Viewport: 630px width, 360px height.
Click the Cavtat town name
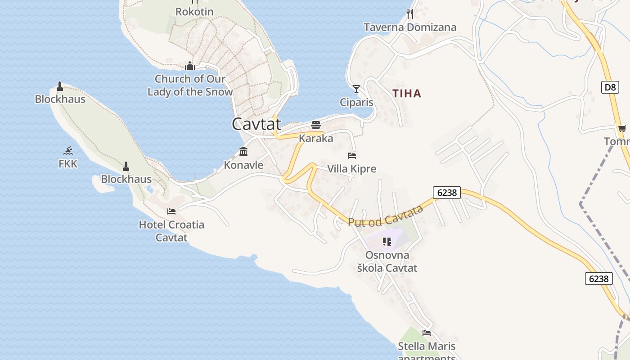(256, 124)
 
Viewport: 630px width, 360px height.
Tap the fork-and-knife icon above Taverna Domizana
(409, 14)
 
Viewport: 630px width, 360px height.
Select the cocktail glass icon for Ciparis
(356, 89)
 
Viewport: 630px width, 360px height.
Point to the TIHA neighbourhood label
(407, 94)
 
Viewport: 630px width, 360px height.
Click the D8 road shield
(610, 87)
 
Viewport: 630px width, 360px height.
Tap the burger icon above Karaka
(316, 125)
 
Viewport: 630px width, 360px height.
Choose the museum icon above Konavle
(243, 151)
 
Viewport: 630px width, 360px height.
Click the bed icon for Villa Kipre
(352, 156)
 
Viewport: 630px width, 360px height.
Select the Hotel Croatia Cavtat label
(171, 231)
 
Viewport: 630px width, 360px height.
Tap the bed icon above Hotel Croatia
(171, 211)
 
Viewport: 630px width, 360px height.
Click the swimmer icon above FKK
(68, 150)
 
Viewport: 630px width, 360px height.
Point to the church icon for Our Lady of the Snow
(190, 66)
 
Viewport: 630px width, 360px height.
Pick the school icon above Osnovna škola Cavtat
(387, 242)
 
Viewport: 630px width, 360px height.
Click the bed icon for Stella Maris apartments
(427, 333)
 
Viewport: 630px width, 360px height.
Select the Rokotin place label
(194, 12)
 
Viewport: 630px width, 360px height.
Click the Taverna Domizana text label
(410, 27)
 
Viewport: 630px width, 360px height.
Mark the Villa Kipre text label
(351, 169)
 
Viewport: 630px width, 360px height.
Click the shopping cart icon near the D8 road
(622, 129)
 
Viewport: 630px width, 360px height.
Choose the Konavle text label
(243, 165)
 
